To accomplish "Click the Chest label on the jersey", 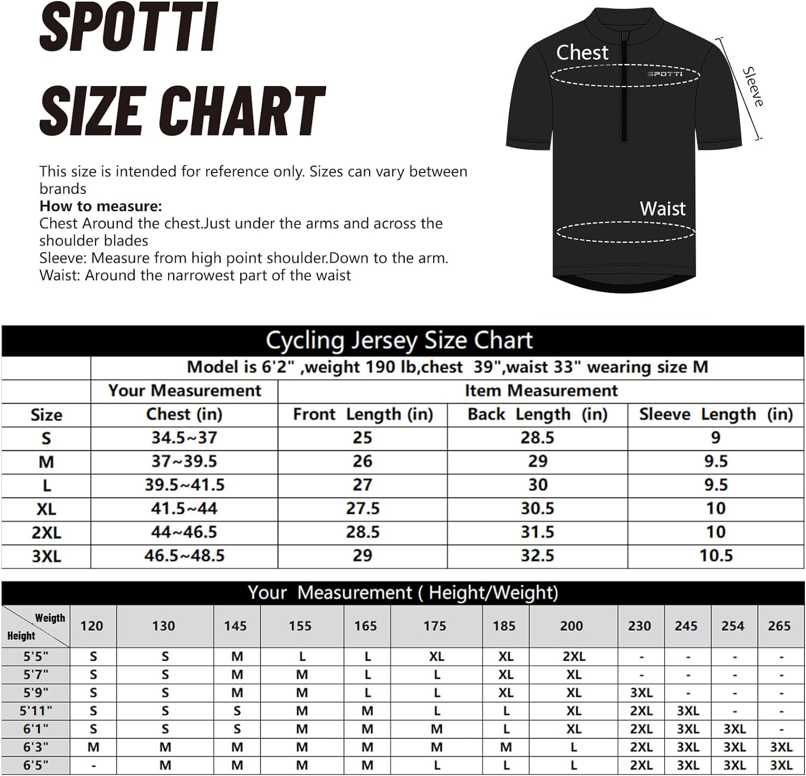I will coord(582,53).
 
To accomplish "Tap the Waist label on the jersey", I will coord(663,209).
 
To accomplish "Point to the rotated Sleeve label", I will coord(753,87).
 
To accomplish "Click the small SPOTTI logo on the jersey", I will coord(664,74).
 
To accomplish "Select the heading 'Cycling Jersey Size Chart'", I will coord(399,341).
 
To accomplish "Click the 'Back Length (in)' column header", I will coord(537,414).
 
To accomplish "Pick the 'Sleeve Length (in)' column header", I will coord(716,414).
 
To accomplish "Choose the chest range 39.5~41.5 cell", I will coord(184,485).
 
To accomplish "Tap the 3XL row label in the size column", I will coord(46,556).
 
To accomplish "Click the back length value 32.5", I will coord(537,556).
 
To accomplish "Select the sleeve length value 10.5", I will coord(716,556).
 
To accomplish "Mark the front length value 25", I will coord(362,438).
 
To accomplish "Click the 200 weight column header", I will coord(571,626).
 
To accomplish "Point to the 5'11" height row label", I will coord(35,711).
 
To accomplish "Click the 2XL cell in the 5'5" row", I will coord(574,657).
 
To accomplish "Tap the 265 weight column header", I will coord(779,626).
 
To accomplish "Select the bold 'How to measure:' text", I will coord(100,206).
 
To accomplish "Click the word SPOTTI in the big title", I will coord(129,27).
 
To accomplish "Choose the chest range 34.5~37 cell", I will coord(184,438).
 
